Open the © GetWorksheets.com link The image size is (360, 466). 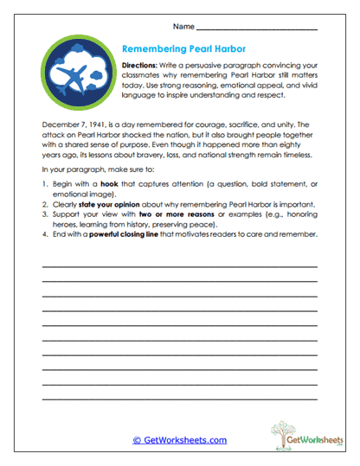[x=179, y=439]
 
